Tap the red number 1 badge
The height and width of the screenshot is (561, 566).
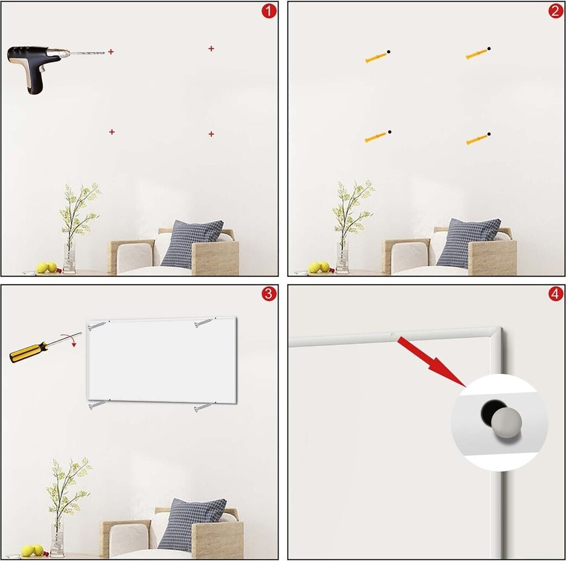[x=269, y=11]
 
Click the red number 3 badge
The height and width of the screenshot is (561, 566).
[x=269, y=294]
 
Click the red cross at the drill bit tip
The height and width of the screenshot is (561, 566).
[x=111, y=52]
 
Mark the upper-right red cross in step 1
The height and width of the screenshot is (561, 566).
[x=211, y=48]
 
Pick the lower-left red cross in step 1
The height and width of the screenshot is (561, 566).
[x=112, y=132]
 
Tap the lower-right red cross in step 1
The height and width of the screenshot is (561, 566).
[x=211, y=134]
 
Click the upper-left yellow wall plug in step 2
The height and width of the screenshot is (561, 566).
[x=376, y=57]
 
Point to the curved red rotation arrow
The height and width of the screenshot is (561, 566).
[x=70, y=338]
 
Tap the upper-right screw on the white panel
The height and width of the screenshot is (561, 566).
[x=205, y=322]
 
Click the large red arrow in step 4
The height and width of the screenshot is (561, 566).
[x=433, y=362]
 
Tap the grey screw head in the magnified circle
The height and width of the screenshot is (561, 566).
[x=506, y=424]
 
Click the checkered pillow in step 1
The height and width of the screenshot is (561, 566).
[x=192, y=244]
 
